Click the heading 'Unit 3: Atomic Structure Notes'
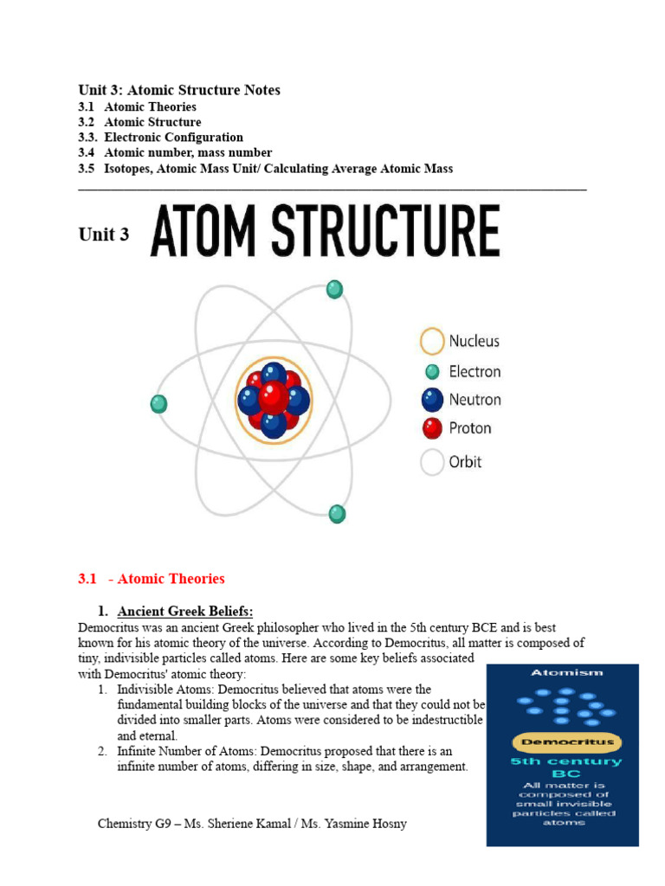point(179,90)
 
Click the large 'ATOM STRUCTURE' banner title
point(325,231)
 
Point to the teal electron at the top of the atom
point(334,290)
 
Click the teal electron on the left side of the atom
point(158,404)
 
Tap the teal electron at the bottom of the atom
point(337,514)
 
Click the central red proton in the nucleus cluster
point(274,397)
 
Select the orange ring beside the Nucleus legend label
point(432,341)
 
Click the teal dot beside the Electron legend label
point(432,372)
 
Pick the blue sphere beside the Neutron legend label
point(432,400)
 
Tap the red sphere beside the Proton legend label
point(432,427)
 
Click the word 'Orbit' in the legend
point(465,461)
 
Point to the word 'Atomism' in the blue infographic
point(562,671)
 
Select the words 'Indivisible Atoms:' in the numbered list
point(165,690)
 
